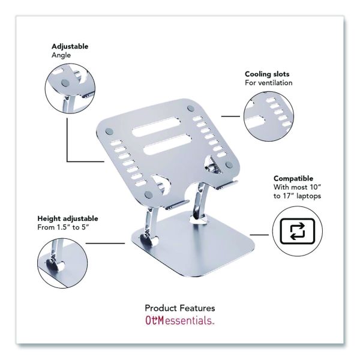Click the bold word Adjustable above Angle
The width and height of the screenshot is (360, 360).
click(x=70, y=47)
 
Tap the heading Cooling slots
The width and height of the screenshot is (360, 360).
click(x=267, y=74)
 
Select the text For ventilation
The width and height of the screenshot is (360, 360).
click(x=269, y=83)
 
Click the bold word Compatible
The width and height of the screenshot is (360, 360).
click(x=293, y=178)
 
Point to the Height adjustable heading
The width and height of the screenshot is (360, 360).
click(x=68, y=218)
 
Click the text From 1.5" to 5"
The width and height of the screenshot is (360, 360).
click(x=63, y=227)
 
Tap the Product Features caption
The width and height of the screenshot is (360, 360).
click(x=180, y=308)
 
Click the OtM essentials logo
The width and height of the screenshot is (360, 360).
click(x=180, y=320)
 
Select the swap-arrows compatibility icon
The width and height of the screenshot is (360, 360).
click(x=298, y=231)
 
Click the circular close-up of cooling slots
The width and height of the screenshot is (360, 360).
click(x=269, y=116)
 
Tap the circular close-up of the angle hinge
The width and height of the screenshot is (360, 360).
click(x=70, y=89)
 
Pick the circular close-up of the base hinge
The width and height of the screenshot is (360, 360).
click(x=62, y=263)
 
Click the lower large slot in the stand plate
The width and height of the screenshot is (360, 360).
click(x=167, y=145)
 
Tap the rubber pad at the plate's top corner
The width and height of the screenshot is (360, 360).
click(x=191, y=108)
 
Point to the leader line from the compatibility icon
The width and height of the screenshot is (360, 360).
click(x=259, y=235)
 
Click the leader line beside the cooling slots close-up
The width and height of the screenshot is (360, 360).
click(x=230, y=116)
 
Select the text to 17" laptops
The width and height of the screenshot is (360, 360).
click(x=297, y=196)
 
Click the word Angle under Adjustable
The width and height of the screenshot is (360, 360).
click(x=61, y=56)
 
